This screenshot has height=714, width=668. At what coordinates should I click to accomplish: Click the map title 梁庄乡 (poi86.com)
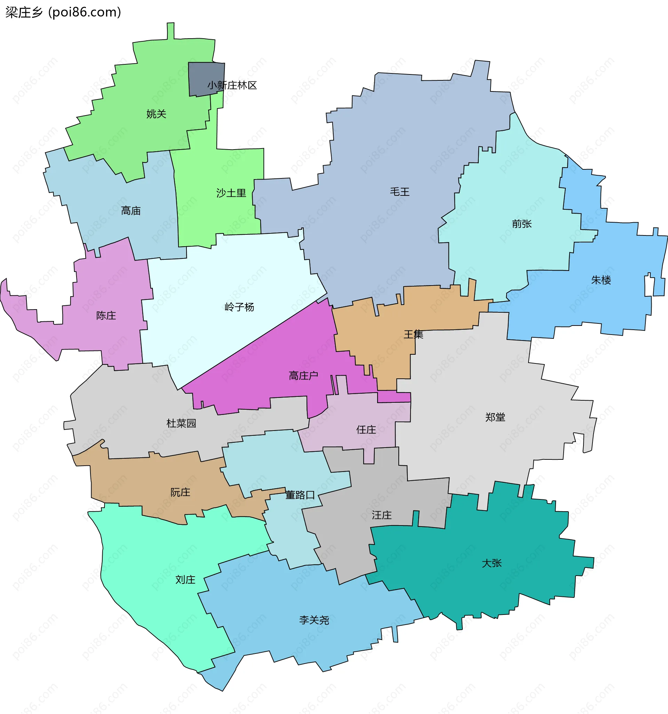pyautogui.click(x=63, y=12)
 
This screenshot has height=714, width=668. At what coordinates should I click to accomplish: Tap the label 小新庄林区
pyautogui.click(x=232, y=86)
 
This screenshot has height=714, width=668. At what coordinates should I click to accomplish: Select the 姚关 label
pyautogui.click(x=156, y=114)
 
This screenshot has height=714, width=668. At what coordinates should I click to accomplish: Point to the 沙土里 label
pyautogui.click(x=231, y=193)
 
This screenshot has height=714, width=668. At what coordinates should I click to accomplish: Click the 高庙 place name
pyautogui.click(x=131, y=211)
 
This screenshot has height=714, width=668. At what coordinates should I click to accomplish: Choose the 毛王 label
pyautogui.click(x=399, y=192)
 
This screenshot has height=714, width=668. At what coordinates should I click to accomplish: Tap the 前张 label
pyautogui.click(x=522, y=224)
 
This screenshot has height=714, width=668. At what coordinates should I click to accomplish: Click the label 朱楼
pyautogui.click(x=601, y=280)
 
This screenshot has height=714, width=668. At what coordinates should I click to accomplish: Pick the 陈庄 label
pyautogui.click(x=106, y=316)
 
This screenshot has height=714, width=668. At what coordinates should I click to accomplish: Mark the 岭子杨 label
pyautogui.click(x=239, y=307)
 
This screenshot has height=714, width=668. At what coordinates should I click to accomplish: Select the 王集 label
pyautogui.click(x=413, y=335)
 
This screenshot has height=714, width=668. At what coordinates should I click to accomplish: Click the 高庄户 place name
pyautogui.click(x=303, y=376)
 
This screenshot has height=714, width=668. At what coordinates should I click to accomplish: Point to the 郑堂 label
pyautogui.click(x=495, y=417)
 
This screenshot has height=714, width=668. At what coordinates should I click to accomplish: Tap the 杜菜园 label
pyautogui.click(x=181, y=424)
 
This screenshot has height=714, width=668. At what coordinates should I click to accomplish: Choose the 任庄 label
pyautogui.click(x=366, y=430)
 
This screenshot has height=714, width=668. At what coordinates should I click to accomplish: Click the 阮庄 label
pyautogui.click(x=180, y=492)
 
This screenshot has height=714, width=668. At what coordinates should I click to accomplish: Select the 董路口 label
pyautogui.click(x=300, y=495)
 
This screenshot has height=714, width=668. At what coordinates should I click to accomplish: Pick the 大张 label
pyautogui.click(x=491, y=563)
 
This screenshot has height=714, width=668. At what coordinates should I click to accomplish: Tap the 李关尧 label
pyautogui.click(x=314, y=620)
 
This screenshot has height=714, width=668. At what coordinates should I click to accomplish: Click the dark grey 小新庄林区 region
pyautogui.click(x=201, y=75)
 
